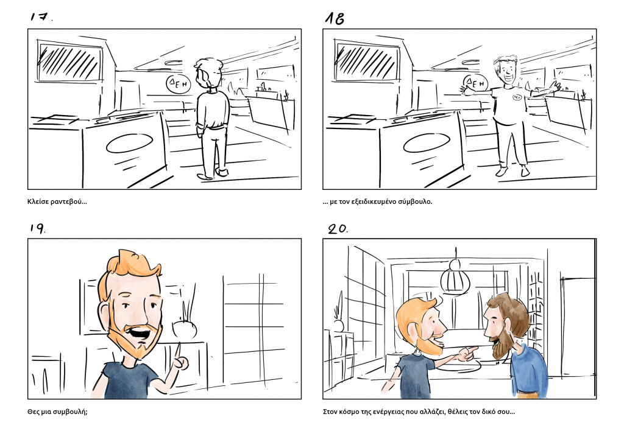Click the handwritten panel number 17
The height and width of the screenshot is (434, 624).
coord(41,16)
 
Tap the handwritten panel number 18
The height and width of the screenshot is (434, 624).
coord(335,18)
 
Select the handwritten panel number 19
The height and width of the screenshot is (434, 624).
coord(37,228)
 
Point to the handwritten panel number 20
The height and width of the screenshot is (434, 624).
coord(338,228)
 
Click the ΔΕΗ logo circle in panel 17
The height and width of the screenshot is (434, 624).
coord(179,83)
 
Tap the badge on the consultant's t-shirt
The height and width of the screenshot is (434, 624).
coord(517,96)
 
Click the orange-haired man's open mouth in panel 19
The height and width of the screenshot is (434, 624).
coord(141,333)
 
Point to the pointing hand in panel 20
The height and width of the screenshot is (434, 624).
coord(468,353)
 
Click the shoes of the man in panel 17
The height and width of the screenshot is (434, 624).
coord(213,173)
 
